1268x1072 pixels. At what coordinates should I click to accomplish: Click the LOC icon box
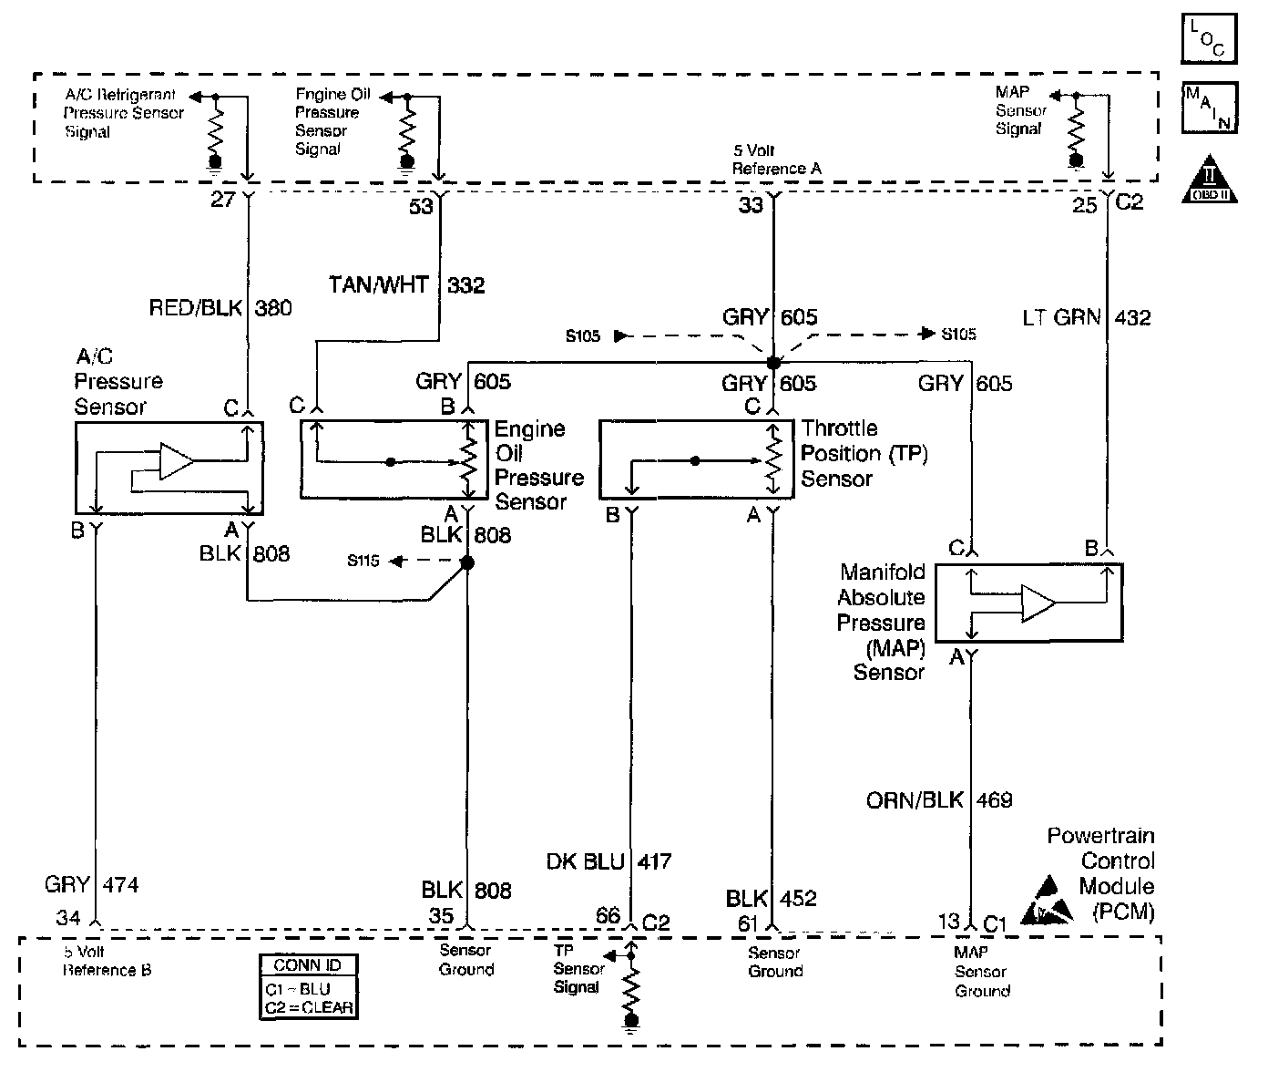[x=1210, y=38]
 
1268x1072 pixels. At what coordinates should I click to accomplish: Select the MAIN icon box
[x=1210, y=107]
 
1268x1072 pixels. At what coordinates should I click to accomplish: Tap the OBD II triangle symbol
[x=1210, y=179]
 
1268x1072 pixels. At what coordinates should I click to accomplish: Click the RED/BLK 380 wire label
[x=221, y=308]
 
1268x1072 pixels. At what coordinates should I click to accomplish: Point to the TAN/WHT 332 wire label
[x=407, y=285]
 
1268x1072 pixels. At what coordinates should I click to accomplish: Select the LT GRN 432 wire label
[x=1087, y=317]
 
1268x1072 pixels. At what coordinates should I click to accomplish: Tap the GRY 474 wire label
[x=91, y=884]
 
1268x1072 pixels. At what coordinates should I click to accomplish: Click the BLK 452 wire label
[x=772, y=898]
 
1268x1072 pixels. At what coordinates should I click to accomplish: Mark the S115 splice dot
[x=467, y=563]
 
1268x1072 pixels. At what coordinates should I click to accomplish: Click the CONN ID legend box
[x=308, y=986]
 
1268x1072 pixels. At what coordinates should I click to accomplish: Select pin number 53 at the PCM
[x=421, y=207]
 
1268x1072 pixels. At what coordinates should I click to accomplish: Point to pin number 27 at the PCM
[x=222, y=200]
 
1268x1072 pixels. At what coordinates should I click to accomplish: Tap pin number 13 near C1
[x=950, y=922]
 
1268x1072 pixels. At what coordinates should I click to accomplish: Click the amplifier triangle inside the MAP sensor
[x=1038, y=603]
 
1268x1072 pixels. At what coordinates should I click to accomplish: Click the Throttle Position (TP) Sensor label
[x=864, y=453]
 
